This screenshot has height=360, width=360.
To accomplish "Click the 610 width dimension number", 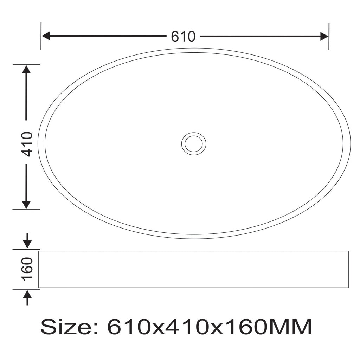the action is tap(183, 37).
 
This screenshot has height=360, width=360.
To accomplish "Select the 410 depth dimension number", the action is tap(27, 144).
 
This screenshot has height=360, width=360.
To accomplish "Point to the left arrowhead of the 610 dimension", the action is tap(46, 36).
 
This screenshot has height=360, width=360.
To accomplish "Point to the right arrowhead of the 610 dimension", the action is tap(324, 36).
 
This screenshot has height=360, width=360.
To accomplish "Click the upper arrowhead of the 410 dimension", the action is tap(26, 69).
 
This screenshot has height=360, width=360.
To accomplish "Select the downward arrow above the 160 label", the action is tap(27, 240).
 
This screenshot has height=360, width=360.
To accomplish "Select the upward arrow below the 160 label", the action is tap(27, 297).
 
